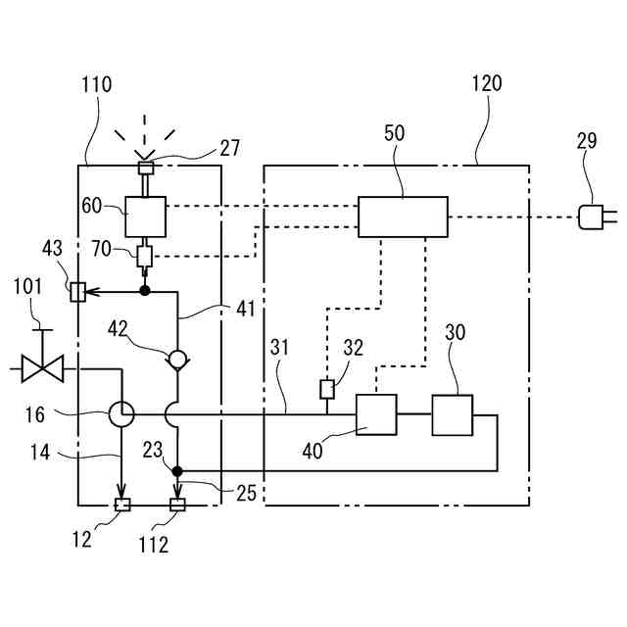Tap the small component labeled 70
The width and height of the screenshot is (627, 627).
click(145, 257)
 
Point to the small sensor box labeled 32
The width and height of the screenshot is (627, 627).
click(327, 389)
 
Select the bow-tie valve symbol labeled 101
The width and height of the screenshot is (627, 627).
click(42, 368)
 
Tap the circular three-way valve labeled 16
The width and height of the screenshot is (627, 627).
click(121, 414)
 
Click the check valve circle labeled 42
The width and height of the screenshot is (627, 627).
click(177, 360)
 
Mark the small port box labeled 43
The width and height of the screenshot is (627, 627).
click(77, 292)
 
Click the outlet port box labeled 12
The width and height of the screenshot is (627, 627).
click(122, 505)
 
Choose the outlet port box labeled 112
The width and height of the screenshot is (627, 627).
click(177, 505)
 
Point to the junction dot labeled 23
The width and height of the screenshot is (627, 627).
click(177, 471)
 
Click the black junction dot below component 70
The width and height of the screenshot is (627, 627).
click(145, 291)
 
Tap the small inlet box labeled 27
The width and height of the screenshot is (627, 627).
click(146, 168)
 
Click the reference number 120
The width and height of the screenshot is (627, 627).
click(487, 83)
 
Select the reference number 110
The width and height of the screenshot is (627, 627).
click(96, 85)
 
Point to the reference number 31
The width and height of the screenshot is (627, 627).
click(279, 347)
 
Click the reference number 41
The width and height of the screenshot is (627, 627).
click(246, 309)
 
